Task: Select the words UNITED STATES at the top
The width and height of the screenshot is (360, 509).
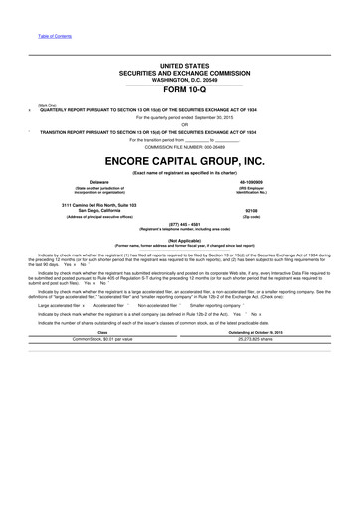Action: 179,65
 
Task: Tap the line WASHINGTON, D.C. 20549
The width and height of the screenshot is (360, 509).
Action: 179,79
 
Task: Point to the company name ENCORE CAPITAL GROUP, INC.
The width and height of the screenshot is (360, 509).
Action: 179,160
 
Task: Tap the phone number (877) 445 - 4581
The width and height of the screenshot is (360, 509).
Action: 179,224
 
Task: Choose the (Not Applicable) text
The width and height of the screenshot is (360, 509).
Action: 179,240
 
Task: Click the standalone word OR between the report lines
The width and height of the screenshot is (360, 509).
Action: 179,124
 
